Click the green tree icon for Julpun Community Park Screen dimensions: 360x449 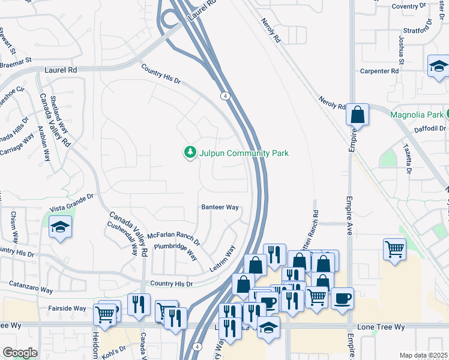click(190, 153)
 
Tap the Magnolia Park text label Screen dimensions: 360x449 click(416, 115)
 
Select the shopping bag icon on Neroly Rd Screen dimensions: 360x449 click(357, 114)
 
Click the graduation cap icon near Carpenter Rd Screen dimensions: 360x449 click(439, 67)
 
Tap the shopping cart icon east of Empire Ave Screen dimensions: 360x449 click(394, 249)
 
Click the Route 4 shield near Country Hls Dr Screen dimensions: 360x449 click(224, 96)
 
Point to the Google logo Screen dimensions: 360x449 click(20, 352)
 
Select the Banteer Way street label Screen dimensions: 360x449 click(220, 207)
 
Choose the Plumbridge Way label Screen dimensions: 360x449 click(175, 251)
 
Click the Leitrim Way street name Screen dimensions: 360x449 click(221, 259)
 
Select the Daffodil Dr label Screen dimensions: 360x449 click(429, 128)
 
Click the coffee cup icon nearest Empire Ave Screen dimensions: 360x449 click(342, 298)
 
